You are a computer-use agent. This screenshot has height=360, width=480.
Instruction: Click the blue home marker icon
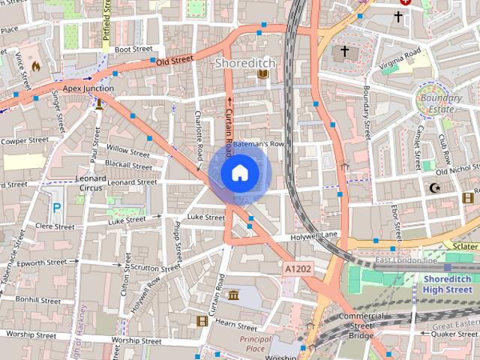coord(238,173)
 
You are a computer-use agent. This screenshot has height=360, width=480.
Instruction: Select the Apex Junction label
coord(88,88)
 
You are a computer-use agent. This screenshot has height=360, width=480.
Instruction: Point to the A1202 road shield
coord(298,268)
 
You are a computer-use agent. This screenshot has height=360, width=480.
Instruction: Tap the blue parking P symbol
coord(56,208)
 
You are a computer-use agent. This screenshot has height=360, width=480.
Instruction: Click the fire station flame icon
coord(34,66)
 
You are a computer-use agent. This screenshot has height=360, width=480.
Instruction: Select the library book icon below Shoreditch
coord(262,75)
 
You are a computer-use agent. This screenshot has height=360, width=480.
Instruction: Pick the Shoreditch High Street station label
coord(447,284)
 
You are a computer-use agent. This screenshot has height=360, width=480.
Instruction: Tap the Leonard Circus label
coord(90,182)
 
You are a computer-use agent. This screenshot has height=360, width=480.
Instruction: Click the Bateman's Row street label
coord(258,143)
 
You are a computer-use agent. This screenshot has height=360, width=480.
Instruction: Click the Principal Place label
coord(256,343)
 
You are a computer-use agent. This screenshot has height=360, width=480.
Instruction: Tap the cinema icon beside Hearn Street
coord(202,321)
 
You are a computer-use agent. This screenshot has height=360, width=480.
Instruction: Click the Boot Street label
coord(133,49)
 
